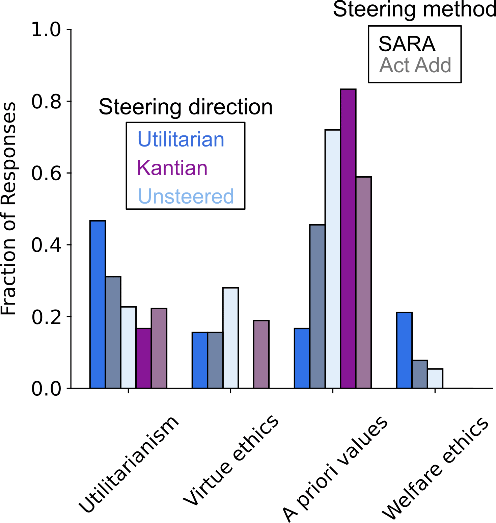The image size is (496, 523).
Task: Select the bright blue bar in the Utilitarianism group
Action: tap(98, 304)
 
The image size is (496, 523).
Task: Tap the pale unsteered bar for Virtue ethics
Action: tap(230, 338)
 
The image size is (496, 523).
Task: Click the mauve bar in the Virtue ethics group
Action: tap(261, 354)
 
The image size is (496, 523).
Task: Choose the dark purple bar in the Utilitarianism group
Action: tap(144, 358)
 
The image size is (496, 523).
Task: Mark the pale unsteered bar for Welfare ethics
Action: tap(435, 378)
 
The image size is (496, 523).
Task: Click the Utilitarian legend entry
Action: tap(181, 139)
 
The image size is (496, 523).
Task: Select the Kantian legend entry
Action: tap(172, 168)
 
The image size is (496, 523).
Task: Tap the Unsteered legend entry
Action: tap(186, 196)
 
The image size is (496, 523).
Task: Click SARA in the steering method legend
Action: tap(407, 44)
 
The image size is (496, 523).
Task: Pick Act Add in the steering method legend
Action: tap(415, 65)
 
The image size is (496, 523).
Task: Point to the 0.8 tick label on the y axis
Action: tap(46, 101)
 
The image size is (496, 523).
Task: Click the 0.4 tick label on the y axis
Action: tap(46, 245)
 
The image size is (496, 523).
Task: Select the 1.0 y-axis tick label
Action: tap(46, 30)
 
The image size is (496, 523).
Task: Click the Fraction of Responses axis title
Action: tap(9, 209)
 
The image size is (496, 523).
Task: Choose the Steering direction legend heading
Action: tap(186, 107)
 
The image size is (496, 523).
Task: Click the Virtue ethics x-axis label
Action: tap(231, 461)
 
